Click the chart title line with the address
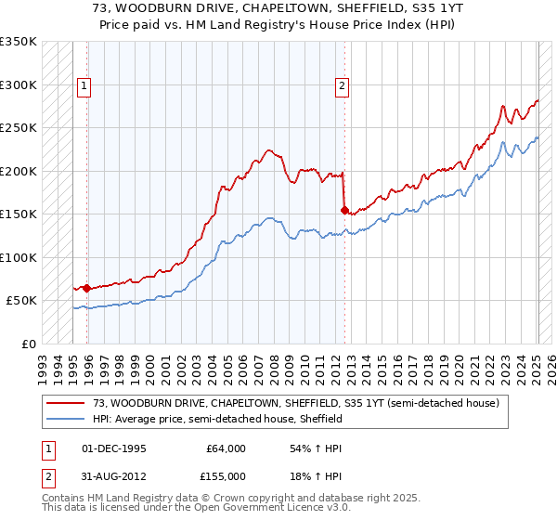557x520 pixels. click(278, 7)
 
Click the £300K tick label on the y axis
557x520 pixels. click(19, 84)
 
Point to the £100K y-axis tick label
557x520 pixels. click(19, 257)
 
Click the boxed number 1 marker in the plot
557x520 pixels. click(84, 86)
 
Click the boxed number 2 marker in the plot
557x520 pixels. click(342, 86)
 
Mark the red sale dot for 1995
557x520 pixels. click(86, 288)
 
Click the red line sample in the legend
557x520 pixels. click(68, 403)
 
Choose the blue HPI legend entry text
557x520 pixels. click(217, 419)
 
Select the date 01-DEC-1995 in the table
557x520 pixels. click(114, 448)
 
